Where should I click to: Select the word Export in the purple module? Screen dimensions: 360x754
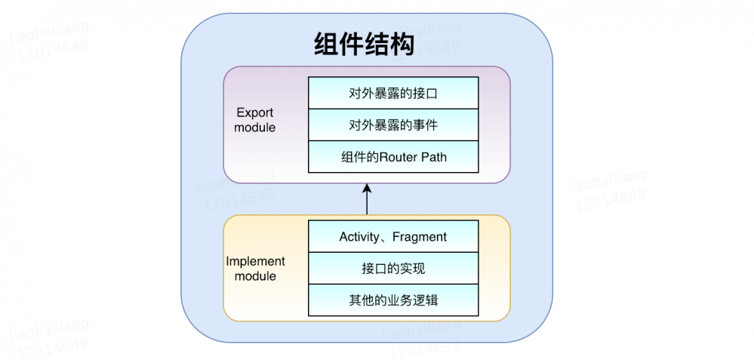click(255, 113)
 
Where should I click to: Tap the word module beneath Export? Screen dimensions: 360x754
click(255, 128)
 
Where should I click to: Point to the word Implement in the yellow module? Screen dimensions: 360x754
click(256, 261)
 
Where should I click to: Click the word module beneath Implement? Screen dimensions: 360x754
click(255, 276)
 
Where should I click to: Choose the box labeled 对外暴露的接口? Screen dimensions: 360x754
click(393, 94)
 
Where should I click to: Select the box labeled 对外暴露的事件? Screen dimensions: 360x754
click(393, 125)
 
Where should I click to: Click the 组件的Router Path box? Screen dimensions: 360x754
click(393, 157)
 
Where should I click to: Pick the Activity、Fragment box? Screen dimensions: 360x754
click(393, 237)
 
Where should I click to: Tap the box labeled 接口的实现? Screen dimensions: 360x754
click(393, 269)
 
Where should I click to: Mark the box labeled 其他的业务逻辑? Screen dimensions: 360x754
click(393, 300)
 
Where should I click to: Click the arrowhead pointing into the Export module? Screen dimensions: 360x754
click(367, 188)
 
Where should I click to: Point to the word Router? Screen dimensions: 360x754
click(397, 157)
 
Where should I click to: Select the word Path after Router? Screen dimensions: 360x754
click(433, 157)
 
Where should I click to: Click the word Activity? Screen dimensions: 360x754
click(360, 237)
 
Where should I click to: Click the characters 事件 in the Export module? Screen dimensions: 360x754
click(426, 125)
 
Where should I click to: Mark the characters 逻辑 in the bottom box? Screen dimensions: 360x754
click(426, 300)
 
